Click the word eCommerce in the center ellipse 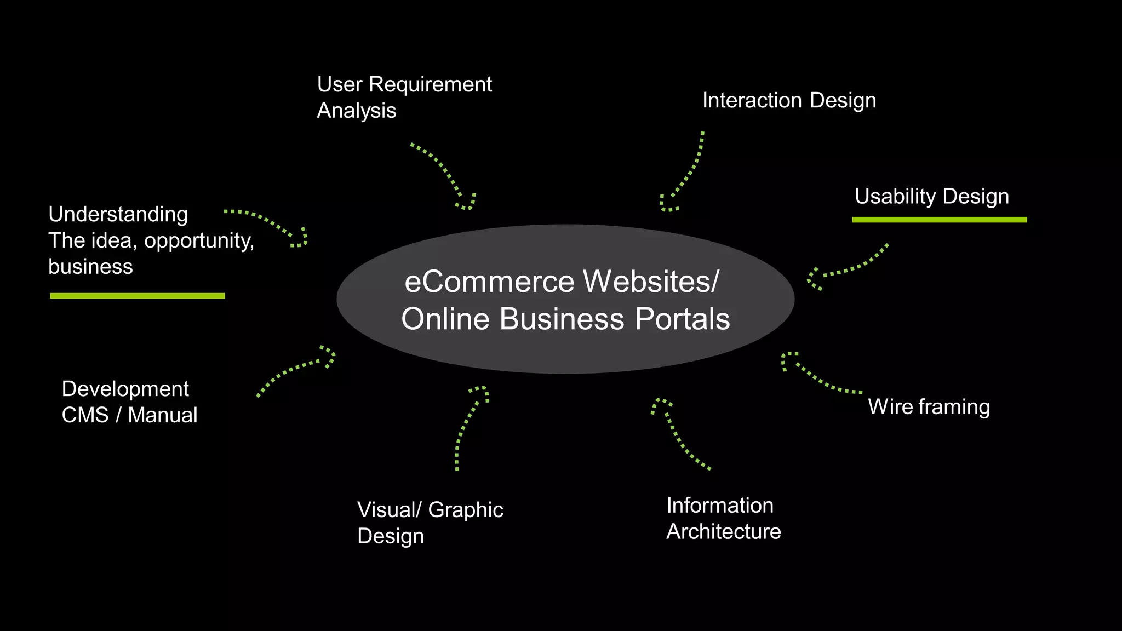coord(490,282)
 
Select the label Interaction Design coord(789,101)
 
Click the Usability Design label coord(931,197)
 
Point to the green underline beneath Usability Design coord(939,220)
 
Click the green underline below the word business coord(137,296)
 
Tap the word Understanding coord(118,214)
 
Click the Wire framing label coord(929,407)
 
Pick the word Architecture coord(723,532)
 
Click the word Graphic coord(465,510)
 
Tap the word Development coord(125,389)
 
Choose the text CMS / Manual coord(129,415)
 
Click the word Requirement coord(430,84)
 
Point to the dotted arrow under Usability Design coord(846,268)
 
